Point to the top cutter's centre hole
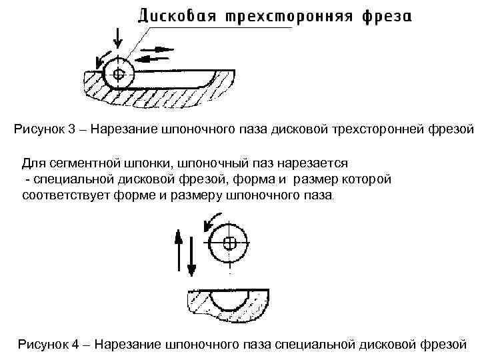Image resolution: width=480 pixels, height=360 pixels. pyautogui.click(x=119, y=73)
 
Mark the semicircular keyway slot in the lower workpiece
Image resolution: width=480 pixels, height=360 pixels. pyautogui.click(x=229, y=304)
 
